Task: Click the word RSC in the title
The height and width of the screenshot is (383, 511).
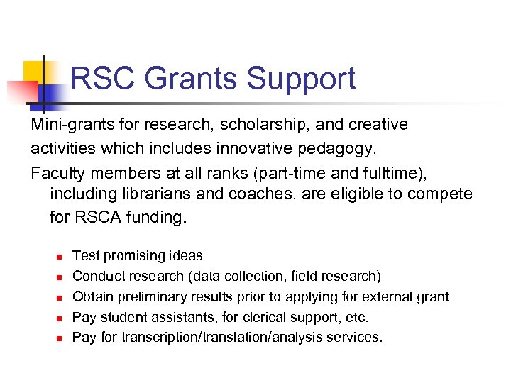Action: click(x=100, y=79)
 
